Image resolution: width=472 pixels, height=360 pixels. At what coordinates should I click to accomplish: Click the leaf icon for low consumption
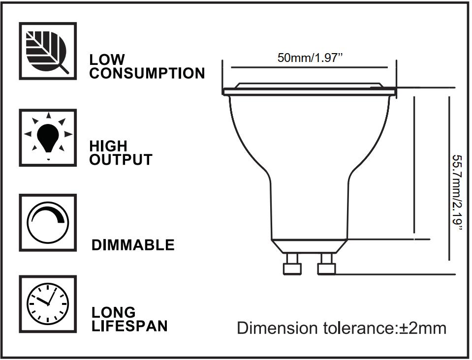(x=48, y=51)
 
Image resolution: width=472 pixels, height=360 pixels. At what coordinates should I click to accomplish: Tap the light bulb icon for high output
(x=48, y=137)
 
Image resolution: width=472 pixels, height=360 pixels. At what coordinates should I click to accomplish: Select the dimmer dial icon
(x=48, y=222)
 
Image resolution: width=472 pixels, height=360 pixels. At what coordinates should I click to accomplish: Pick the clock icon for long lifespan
(x=48, y=303)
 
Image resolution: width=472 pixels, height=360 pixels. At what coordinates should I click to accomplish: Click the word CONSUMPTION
(x=147, y=74)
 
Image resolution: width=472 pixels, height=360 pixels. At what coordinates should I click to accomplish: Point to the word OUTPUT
(x=121, y=160)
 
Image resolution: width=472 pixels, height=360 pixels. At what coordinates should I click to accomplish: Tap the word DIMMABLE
(x=133, y=245)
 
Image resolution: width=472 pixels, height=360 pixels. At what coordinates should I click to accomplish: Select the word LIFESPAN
(x=129, y=326)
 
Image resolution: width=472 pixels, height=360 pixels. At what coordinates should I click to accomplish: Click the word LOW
(x=107, y=60)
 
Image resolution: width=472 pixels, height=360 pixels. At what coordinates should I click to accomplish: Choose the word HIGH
(x=108, y=146)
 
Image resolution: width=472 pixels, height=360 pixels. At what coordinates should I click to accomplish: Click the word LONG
(x=114, y=312)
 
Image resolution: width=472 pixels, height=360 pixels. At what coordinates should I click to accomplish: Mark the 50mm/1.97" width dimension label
(x=310, y=58)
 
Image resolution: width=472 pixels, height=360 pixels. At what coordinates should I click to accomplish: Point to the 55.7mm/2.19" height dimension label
(x=458, y=193)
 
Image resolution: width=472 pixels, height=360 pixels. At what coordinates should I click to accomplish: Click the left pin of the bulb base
(x=292, y=265)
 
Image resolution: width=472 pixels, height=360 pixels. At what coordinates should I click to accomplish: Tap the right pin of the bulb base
(x=326, y=265)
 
